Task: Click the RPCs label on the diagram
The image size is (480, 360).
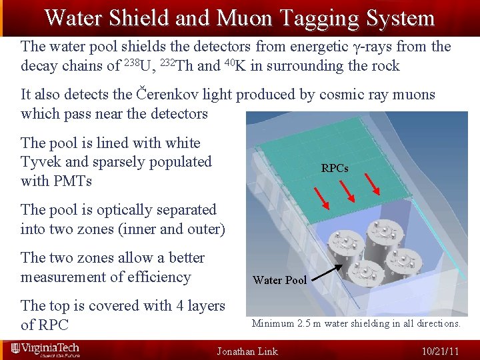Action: [335, 169]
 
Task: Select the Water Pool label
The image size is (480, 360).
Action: [279, 280]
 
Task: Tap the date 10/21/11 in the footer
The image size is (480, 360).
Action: [441, 351]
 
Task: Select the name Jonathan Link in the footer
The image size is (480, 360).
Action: [247, 351]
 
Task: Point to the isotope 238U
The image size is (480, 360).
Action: [137, 66]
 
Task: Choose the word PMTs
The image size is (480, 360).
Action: [73, 181]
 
